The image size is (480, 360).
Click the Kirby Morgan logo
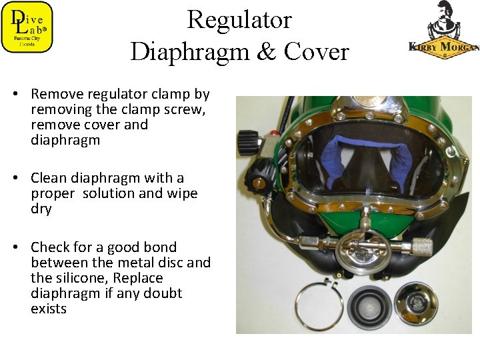[443, 30]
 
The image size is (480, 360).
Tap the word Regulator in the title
[239, 20]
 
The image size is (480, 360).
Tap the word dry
[41, 209]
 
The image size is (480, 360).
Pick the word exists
[49, 309]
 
